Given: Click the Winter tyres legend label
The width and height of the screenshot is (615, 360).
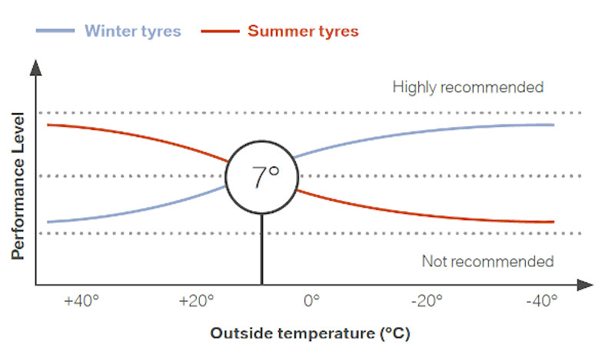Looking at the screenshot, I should tap(132, 32).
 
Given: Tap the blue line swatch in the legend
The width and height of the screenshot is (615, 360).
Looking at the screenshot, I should tap(55, 32).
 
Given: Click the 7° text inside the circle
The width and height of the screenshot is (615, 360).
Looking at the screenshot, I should tap(264, 178).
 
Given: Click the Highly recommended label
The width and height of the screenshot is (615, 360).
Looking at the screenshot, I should tap(467, 87).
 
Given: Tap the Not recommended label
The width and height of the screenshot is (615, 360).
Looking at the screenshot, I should tap(487, 262).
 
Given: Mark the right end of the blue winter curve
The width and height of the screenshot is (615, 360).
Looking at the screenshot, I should tap(553, 125).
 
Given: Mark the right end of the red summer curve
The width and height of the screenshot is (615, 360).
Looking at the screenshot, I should tap(553, 222).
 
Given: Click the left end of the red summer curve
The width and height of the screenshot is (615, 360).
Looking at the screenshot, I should tap(48, 124).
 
